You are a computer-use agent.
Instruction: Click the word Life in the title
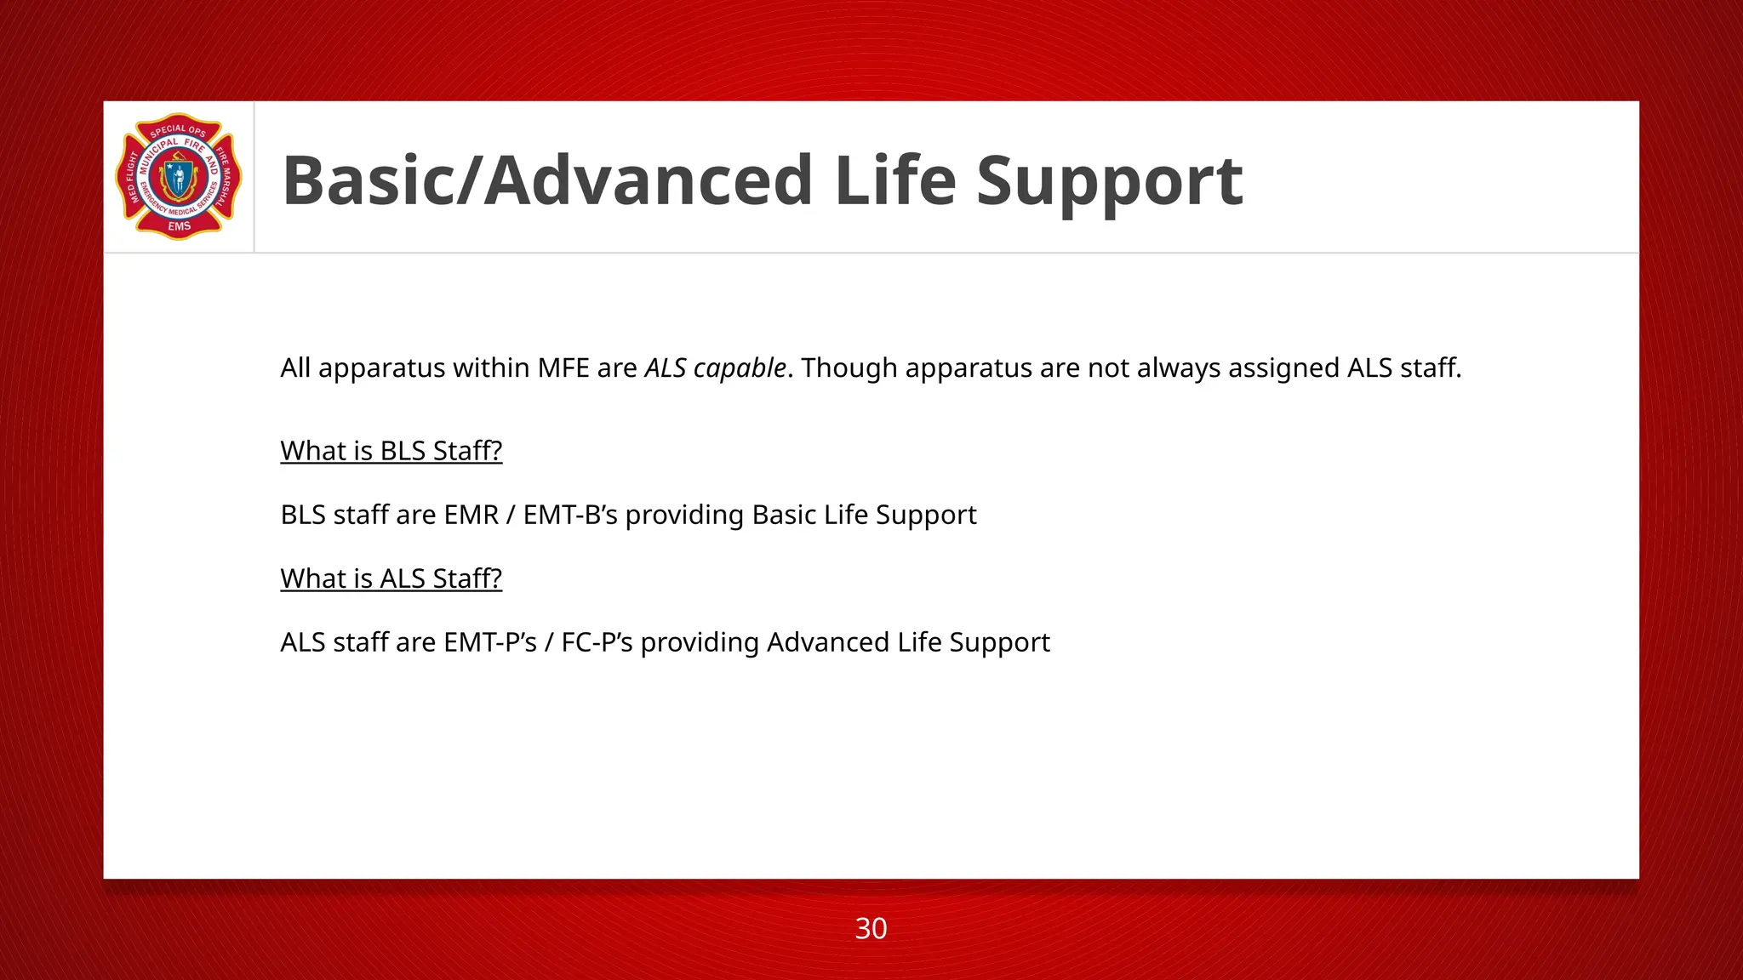pos(895,181)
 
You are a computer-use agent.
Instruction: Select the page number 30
pos(871,928)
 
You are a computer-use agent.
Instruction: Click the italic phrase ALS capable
pos(715,368)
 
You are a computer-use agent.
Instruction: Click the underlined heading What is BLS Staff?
pos(391,451)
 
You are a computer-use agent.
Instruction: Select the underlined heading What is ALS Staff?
pos(391,578)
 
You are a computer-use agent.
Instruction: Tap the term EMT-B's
pos(570,516)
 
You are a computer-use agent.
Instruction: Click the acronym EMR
pos(471,516)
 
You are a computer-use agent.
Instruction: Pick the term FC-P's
pos(597,642)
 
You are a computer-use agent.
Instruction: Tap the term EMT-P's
pos(490,642)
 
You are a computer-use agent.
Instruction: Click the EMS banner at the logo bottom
pos(179,226)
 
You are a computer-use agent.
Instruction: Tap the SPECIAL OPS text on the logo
pos(178,130)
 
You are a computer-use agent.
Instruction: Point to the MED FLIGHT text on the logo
pos(132,179)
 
